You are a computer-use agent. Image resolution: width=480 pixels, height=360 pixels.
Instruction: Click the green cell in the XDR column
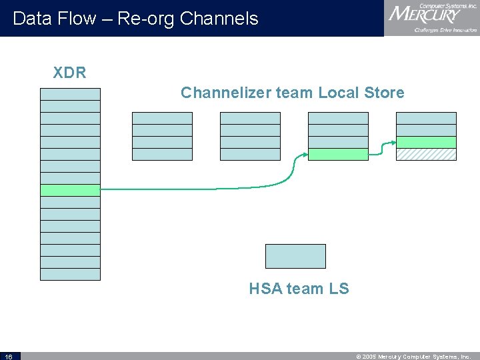click(70, 190)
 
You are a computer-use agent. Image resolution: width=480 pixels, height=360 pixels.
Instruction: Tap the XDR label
click(69, 73)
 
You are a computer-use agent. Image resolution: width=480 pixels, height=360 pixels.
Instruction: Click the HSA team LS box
click(295, 256)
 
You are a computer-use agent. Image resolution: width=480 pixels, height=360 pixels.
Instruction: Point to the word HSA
click(265, 289)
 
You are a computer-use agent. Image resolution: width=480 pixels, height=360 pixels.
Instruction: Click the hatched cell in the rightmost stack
click(426, 154)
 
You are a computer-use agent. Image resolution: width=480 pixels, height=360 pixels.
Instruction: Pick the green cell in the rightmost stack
click(426, 142)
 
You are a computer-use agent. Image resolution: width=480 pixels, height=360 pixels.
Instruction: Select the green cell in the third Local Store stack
click(338, 154)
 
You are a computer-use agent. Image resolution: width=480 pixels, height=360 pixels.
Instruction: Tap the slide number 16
click(8, 356)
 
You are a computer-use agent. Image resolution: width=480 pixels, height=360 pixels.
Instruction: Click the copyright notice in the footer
click(413, 356)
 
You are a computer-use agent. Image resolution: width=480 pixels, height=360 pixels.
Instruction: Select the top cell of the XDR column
click(70, 94)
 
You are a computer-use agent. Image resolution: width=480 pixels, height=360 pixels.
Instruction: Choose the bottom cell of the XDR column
click(70, 274)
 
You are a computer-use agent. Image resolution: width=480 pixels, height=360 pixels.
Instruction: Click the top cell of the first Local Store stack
click(162, 118)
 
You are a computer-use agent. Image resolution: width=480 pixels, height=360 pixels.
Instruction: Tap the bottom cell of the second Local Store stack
click(250, 154)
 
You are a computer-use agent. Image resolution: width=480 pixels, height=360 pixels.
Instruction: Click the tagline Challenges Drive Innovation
click(445, 30)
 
